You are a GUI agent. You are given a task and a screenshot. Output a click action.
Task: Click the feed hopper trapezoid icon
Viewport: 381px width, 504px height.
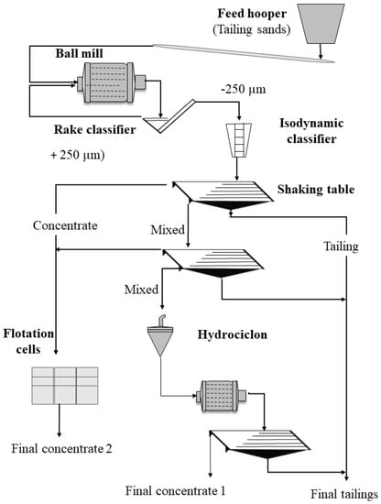pos(321,24)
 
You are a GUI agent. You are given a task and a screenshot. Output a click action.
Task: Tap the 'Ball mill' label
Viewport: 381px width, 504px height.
pos(80,53)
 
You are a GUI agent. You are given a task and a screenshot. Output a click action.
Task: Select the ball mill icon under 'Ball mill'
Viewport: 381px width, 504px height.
pos(111,82)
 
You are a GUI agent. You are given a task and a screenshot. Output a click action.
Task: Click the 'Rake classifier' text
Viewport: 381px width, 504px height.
pos(94,129)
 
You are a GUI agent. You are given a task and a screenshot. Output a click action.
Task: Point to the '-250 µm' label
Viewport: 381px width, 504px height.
pos(244,89)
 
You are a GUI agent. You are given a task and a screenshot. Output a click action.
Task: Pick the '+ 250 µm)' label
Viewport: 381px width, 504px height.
pos(78,155)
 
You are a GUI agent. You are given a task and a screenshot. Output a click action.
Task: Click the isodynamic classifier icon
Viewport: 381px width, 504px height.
pos(239,140)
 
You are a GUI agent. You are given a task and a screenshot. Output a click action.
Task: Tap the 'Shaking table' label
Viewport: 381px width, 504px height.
pos(316,189)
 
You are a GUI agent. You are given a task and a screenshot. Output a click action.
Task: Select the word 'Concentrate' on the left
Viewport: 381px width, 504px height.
pos(65,225)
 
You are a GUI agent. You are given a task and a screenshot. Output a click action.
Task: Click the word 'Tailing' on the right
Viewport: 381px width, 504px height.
pos(341,247)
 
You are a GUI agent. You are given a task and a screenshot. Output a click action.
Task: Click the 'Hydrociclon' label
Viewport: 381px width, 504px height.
pos(233,334)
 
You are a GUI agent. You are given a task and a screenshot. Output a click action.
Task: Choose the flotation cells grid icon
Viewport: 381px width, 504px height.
pos(65,386)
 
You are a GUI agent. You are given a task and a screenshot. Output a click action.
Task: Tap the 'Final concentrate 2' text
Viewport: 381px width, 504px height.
pos(61,449)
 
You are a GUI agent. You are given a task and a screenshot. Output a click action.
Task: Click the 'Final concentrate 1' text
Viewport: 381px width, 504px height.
pos(176,491)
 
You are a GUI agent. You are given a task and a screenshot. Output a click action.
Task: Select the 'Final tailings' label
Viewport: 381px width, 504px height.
pos(344,494)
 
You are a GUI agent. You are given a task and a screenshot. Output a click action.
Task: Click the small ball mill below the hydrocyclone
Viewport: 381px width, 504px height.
pos(221,396)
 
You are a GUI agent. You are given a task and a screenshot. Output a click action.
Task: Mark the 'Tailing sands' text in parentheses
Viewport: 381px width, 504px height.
pos(252,29)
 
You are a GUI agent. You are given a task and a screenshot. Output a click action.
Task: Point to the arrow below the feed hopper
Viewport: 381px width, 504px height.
pos(321,51)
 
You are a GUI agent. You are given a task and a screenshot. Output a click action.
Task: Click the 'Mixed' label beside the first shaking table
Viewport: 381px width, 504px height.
pos(168,230)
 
